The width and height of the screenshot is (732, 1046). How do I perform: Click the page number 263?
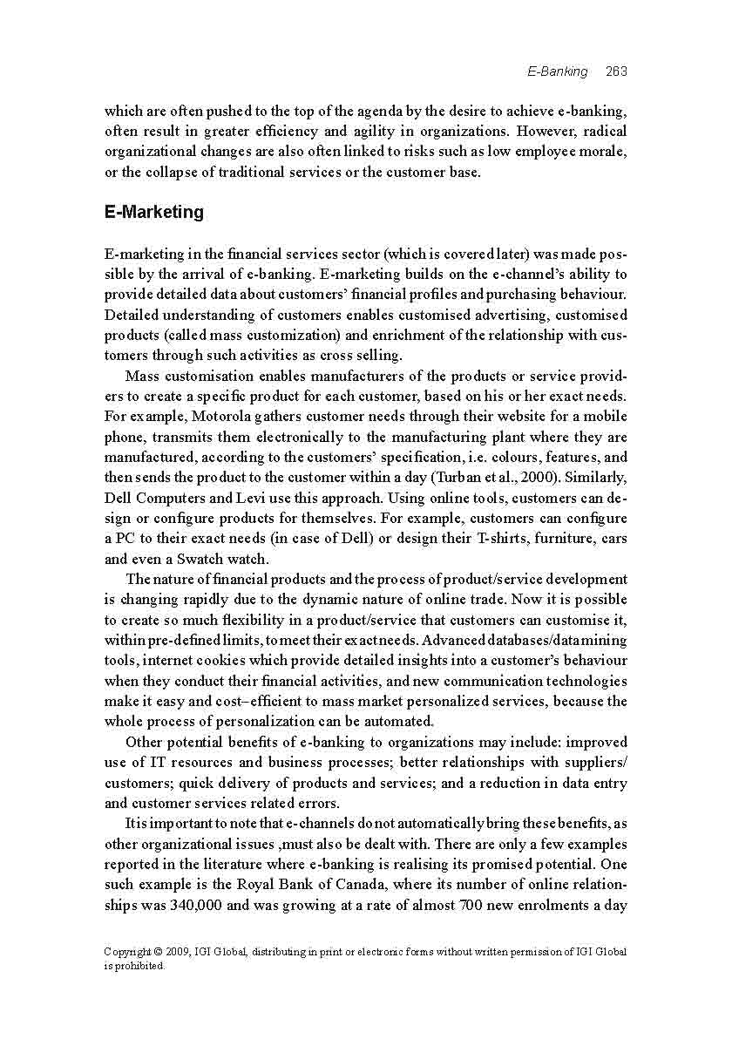[x=616, y=71]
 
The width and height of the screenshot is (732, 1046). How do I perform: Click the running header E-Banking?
[x=557, y=71]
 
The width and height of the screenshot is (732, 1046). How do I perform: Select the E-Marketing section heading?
[x=153, y=212]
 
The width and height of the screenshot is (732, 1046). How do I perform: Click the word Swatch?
[x=200, y=559]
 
